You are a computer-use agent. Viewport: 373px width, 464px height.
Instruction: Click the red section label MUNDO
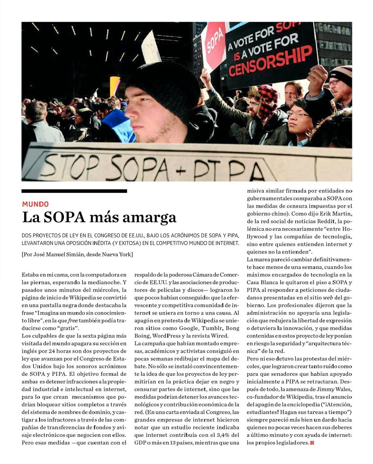[35, 204]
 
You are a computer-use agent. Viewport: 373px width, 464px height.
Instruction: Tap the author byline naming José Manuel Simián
[77, 254]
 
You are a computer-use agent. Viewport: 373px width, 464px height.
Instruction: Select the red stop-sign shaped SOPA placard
[214, 44]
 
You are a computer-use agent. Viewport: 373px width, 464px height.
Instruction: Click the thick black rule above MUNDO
[74, 191]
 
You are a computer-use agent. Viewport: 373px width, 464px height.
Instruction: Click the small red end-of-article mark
[312, 443]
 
